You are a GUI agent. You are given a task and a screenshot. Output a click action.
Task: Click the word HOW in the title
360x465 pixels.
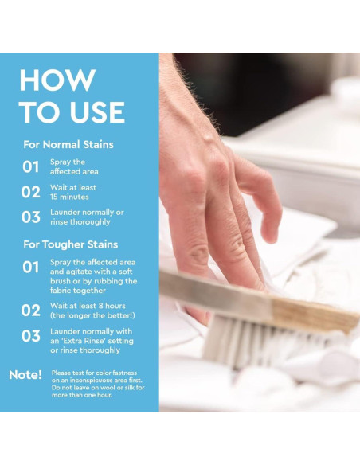pyautogui.click(x=57, y=80)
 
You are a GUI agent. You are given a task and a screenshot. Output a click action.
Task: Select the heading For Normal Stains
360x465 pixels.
pyautogui.click(x=68, y=144)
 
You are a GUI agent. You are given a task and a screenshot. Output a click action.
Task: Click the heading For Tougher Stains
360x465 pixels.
pyautogui.click(x=71, y=244)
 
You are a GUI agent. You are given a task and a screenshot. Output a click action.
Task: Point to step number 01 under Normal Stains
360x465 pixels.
pyautogui.click(x=31, y=166)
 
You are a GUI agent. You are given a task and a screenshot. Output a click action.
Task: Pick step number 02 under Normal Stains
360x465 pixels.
pyautogui.click(x=31, y=192)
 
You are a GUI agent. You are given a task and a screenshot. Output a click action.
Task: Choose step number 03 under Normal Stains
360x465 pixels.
pyautogui.click(x=31, y=217)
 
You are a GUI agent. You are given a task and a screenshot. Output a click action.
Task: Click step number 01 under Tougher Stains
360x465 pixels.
pyautogui.click(x=31, y=268)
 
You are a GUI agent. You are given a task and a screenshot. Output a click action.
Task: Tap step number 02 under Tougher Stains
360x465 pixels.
pyautogui.click(x=31, y=311)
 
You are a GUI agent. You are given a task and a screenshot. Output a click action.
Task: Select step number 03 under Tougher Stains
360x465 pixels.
pyautogui.click(x=31, y=336)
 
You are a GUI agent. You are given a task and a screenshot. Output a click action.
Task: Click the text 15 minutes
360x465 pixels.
pyautogui.click(x=69, y=197)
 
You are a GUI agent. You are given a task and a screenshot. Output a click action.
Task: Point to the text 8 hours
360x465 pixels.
pyautogui.click(x=112, y=306)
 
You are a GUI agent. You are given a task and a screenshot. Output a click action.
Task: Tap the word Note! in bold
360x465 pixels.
pyautogui.click(x=25, y=375)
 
